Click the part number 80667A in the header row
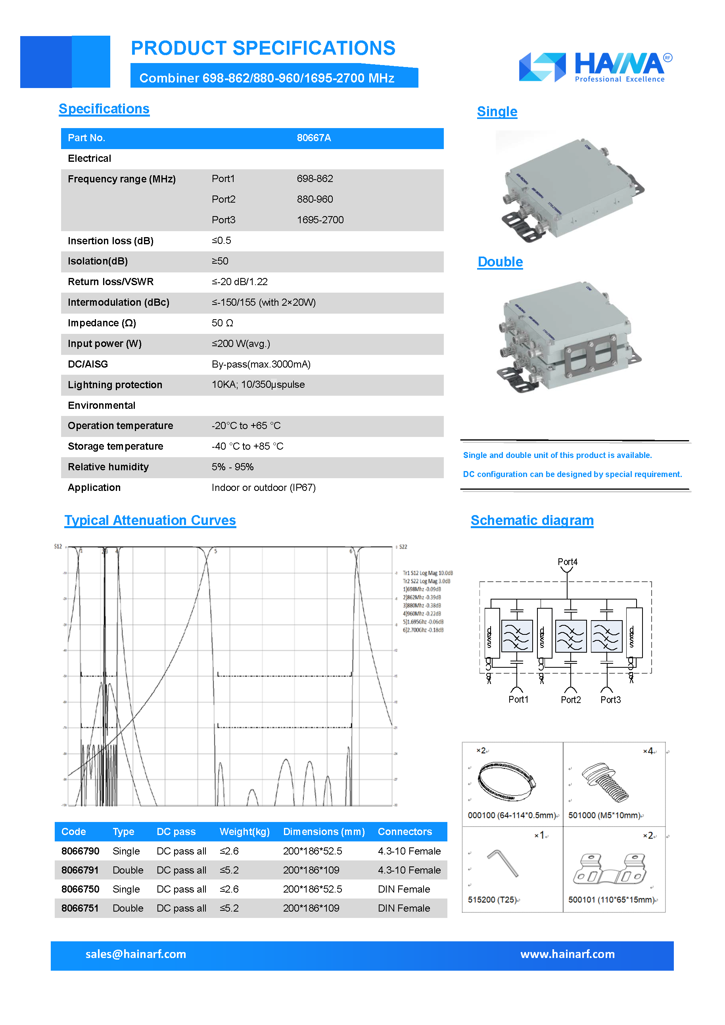pos(314,138)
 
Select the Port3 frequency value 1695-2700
pos(320,220)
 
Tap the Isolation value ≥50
pos(220,261)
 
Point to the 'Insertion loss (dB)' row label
pos(111,241)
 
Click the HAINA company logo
pos(595,67)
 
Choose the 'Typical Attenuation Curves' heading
pos(150,521)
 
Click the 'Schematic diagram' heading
pos(532,521)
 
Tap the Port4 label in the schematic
pos(568,561)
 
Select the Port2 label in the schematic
pos(571,699)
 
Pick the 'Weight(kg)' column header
pos(245,831)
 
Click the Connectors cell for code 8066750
pos(404,889)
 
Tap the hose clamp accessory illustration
pos(506,781)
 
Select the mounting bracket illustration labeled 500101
pos(609,869)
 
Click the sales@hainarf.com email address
pos(136,954)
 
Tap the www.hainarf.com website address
pos(568,954)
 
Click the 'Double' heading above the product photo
pos(500,262)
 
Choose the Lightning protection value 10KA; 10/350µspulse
pos(258,385)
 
